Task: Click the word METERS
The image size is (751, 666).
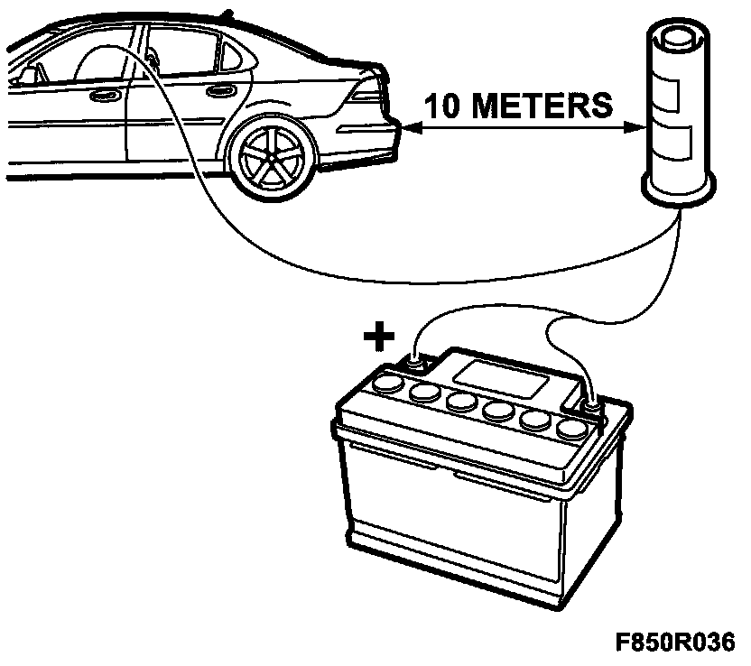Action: (x=542, y=106)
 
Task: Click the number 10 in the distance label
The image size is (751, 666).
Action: (x=441, y=106)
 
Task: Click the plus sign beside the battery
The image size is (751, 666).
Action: (x=379, y=336)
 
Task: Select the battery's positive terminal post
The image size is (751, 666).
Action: (x=415, y=363)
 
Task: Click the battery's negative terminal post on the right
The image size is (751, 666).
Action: (x=591, y=407)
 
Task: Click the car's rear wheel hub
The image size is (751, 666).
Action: (x=271, y=158)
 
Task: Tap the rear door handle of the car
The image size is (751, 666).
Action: (x=220, y=90)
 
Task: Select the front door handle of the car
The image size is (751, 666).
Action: (x=105, y=96)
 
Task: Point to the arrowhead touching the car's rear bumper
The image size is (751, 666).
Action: (x=413, y=128)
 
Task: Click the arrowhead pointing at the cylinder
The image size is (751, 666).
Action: (x=635, y=128)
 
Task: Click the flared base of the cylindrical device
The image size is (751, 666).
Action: (x=678, y=190)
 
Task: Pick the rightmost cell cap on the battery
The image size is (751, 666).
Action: (x=572, y=429)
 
